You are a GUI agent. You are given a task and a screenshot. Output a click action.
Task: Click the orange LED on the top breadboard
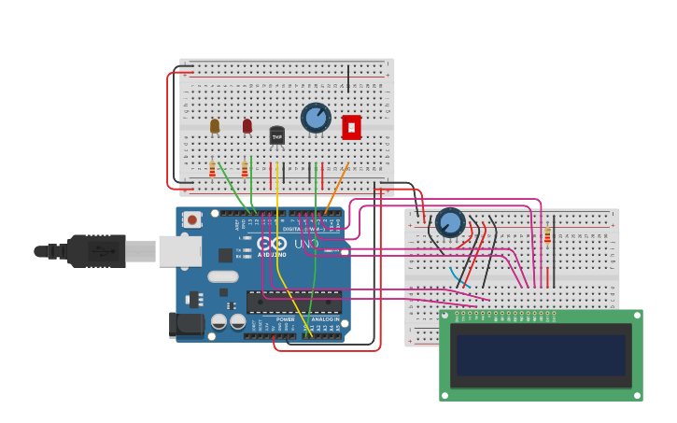[x=215, y=125]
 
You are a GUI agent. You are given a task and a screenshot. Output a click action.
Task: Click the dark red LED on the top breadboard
[x=247, y=125]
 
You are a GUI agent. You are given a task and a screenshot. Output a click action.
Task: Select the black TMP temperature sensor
[x=277, y=135]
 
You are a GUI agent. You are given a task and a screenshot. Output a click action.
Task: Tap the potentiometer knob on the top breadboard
[x=316, y=118]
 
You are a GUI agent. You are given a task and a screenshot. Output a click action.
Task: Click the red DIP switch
[x=351, y=127]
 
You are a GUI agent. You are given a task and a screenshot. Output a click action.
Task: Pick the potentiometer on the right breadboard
[x=450, y=222]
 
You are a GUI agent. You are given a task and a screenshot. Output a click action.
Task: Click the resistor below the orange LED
[x=212, y=169]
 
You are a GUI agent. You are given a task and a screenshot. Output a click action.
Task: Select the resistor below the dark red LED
[x=245, y=169]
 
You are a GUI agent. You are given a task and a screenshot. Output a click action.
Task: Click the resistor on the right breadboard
[x=547, y=235]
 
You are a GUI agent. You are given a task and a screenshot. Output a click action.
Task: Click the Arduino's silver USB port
[x=179, y=251]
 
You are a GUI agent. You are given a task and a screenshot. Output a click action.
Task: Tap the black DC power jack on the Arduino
[x=186, y=324]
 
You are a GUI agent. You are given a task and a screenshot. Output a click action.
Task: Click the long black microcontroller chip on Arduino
[x=293, y=302]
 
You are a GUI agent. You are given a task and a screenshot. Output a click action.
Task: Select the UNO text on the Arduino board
[x=307, y=244]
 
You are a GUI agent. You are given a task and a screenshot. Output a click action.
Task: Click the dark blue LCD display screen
[x=541, y=356]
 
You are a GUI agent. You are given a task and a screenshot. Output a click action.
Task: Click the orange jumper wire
[x=336, y=188]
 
